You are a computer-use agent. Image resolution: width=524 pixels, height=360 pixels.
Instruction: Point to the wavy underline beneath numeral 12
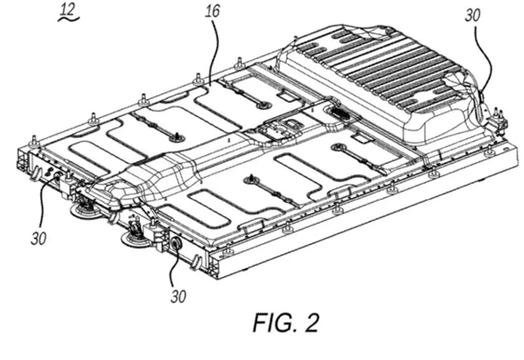click(x=69, y=19)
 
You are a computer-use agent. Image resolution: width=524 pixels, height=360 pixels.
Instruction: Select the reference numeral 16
click(x=212, y=11)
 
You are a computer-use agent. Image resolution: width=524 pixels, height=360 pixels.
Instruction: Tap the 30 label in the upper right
click(x=473, y=15)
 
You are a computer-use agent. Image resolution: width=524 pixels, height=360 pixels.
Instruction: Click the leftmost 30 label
click(x=38, y=238)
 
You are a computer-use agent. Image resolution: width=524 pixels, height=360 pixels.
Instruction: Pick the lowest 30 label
click(x=178, y=296)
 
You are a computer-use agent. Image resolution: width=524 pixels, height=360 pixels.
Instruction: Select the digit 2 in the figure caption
click(x=312, y=323)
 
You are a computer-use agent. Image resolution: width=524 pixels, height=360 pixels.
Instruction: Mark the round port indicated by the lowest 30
click(x=176, y=243)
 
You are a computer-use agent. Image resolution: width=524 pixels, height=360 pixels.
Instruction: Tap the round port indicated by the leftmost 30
click(x=57, y=175)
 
